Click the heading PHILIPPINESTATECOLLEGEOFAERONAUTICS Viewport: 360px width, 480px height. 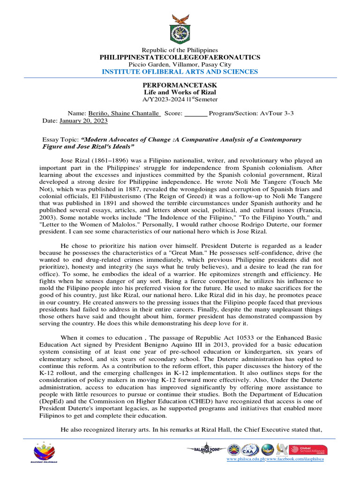(180, 57)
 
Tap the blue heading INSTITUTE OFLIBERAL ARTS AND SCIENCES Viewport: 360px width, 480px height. (180, 72)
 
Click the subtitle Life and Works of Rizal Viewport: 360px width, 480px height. (180, 93)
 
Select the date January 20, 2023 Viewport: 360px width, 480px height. (83, 121)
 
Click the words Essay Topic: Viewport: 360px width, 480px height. (60, 140)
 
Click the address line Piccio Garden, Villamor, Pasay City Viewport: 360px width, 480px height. (180, 64)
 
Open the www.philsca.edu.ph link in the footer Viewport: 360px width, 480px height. (246, 459)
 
